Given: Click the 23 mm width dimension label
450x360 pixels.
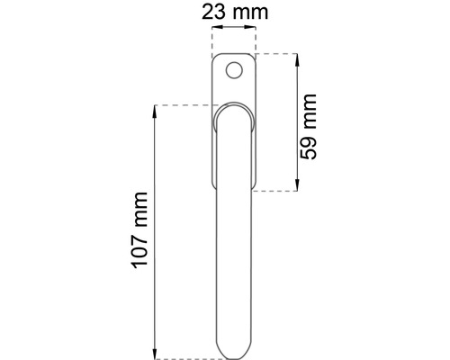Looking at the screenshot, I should [232, 14].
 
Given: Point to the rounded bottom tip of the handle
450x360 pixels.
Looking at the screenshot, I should [233, 354].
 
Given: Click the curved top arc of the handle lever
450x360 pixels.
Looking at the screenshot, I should [233, 106].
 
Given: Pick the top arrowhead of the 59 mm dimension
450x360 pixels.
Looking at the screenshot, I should [296, 58].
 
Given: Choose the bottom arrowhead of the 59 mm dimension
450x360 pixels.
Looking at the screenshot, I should [296, 187].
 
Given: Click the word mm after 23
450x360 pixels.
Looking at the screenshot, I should [245, 14].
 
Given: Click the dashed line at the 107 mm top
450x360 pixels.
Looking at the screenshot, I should [184, 106].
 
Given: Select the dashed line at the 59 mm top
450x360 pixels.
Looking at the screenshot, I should [276, 54].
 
